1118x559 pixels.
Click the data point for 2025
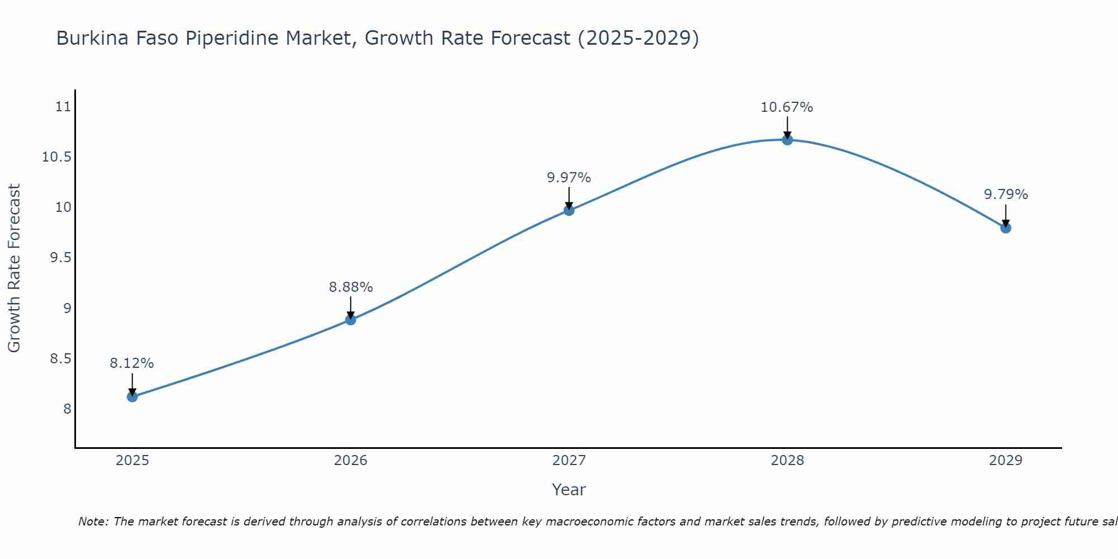click(132, 397)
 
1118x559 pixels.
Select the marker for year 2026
click(350, 320)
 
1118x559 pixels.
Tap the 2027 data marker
click(569, 210)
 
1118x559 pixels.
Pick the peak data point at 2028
click(787, 140)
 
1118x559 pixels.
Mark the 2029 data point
click(1006, 228)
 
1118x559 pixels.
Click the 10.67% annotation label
click(787, 107)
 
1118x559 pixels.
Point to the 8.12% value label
click(131, 363)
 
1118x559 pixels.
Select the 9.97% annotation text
click(569, 178)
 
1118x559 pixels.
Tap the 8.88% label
click(350, 287)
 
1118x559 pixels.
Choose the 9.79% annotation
click(1006, 195)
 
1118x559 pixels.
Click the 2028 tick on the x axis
click(787, 461)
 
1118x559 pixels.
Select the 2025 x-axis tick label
click(132, 461)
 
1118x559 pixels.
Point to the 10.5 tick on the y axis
click(57, 157)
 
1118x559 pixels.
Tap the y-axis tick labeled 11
click(64, 107)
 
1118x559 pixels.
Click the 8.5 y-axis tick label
click(61, 359)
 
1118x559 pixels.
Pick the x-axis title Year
click(569, 490)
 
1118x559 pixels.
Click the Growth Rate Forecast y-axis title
click(14, 268)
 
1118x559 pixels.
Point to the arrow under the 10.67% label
click(787, 127)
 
